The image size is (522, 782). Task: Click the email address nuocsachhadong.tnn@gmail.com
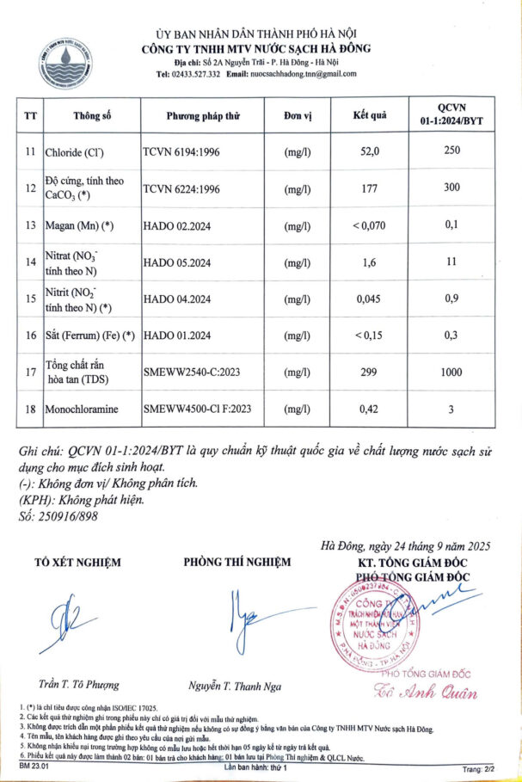tap(303, 74)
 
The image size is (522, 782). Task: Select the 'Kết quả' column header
tap(371, 114)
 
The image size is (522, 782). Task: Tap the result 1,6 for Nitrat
tap(371, 262)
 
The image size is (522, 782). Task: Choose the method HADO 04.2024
tap(178, 299)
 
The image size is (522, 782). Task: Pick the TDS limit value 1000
tap(451, 373)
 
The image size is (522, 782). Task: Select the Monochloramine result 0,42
tap(371, 409)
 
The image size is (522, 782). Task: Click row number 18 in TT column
tap(30, 409)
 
